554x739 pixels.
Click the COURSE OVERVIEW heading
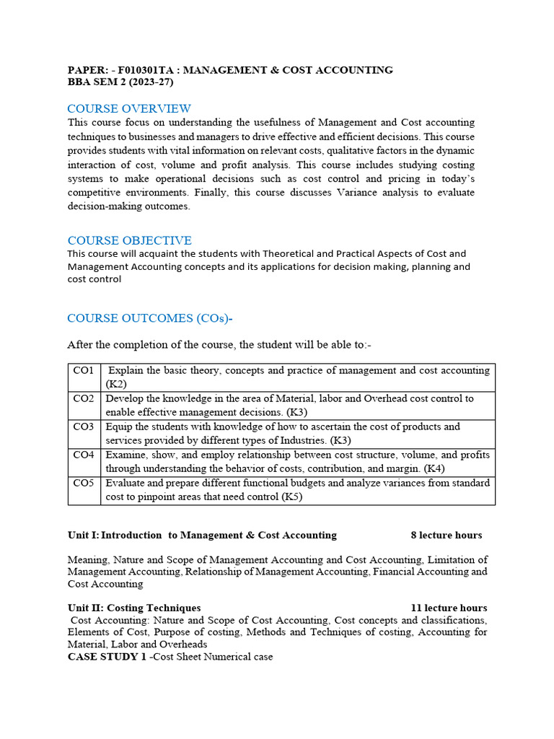[x=129, y=109]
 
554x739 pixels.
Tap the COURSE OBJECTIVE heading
[x=129, y=240]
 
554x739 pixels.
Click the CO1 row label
[x=84, y=370]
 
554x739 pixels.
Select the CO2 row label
[x=84, y=398]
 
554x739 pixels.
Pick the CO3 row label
[x=84, y=427]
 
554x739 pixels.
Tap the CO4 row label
[x=84, y=455]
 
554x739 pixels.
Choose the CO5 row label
[x=84, y=483]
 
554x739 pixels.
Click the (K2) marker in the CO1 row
[x=116, y=384]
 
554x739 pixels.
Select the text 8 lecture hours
[x=446, y=535]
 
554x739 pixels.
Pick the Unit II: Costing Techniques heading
[x=134, y=608]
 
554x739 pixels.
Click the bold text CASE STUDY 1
[x=107, y=657]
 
